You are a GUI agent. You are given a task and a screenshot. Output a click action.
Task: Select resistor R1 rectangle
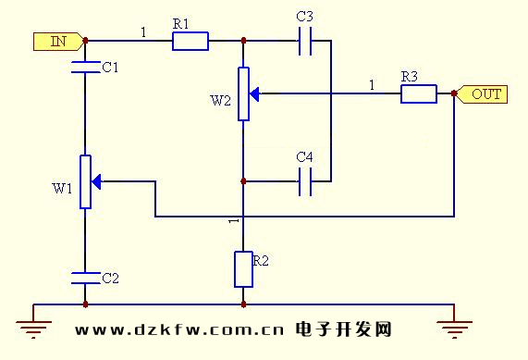point(190,41)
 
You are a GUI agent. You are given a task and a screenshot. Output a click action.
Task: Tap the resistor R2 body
point(243,268)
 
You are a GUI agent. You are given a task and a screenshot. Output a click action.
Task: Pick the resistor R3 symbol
point(418,93)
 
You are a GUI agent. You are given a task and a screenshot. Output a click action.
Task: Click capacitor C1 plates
point(84,66)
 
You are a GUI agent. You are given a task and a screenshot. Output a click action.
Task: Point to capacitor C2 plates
point(84,276)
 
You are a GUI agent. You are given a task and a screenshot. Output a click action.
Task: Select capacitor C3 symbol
point(306,41)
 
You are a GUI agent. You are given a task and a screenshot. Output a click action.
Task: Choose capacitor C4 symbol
point(306,182)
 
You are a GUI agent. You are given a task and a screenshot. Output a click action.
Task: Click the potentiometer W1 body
point(84,181)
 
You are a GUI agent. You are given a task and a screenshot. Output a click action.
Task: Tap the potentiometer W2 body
point(243,93)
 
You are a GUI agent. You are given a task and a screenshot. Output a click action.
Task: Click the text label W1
point(61,189)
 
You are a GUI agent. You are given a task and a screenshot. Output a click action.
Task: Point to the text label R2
point(262,262)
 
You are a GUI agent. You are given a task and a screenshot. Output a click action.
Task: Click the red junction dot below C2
point(84,304)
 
